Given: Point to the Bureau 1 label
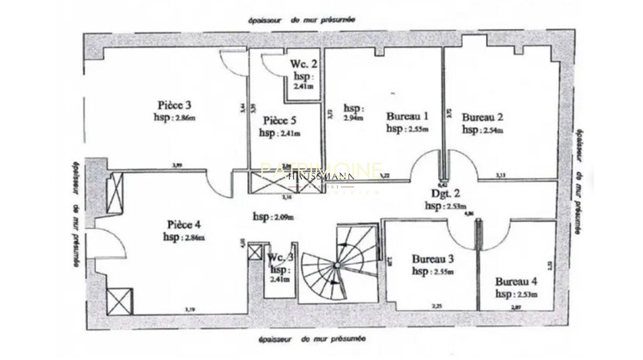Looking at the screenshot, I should tap(406, 117).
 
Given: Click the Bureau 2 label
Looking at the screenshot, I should tap(483, 117).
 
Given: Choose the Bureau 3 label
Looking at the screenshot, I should tap(433, 258).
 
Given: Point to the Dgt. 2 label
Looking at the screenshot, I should tap(444, 194).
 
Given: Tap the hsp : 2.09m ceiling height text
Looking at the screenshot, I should tap(273, 215).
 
